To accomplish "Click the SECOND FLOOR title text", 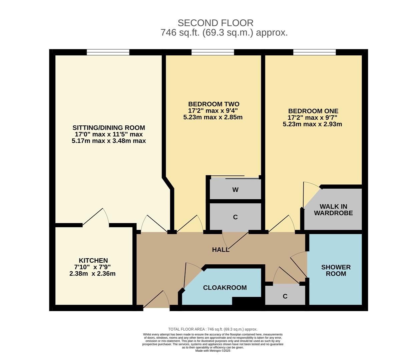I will [215, 23].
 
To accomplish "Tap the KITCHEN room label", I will [93, 260].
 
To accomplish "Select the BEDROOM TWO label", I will [214, 104].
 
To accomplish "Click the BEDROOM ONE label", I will [313, 111].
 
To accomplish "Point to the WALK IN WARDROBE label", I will [333, 210].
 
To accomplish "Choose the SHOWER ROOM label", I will [336, 270].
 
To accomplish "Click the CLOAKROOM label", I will [225, 288].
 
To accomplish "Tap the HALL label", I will [221, 250].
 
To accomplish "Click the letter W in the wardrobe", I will [235, 190].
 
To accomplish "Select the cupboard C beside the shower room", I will [285, 296].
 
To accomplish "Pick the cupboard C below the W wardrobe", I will [235, 217].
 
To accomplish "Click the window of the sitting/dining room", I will [108, 52].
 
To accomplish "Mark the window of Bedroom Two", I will [213, 52].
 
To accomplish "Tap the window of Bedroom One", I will [314, 52].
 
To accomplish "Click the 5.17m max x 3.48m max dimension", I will [109, 141].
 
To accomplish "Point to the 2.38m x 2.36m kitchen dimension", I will [92, 274].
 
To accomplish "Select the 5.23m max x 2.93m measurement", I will [312, 124].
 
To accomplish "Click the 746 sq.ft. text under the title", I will [224, 33].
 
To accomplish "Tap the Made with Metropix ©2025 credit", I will [213, 351].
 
